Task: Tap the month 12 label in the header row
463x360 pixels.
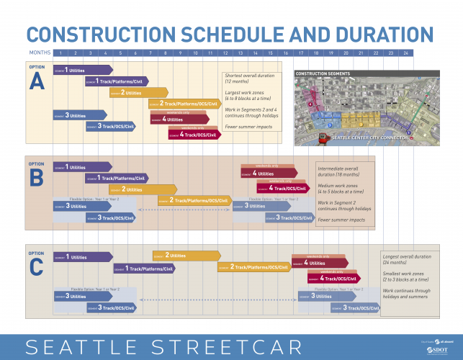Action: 225,53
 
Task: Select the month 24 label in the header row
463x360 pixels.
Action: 406,53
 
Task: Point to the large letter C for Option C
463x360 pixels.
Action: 36,267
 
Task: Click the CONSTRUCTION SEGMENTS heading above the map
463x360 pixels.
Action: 323,73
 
